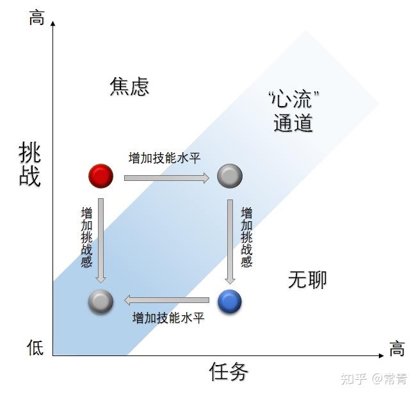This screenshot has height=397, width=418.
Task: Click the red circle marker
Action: coord(100,175)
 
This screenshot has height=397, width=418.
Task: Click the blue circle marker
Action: coord(229,301)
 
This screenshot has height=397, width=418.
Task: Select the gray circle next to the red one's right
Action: coord(229,175)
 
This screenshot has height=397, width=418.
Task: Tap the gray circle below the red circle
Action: coord(100,301)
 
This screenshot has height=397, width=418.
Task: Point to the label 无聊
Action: coord(307,279)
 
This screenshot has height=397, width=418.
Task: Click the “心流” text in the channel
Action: coord(293,99)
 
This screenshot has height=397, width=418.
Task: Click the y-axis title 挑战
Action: coord(30,164)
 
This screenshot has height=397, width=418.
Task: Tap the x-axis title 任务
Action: coord(229,371)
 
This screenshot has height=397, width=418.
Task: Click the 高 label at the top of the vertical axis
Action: coord(36,17)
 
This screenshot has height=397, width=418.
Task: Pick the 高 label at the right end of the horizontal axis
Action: coord(397,348)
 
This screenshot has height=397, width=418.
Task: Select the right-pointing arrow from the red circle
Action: coord(166,178)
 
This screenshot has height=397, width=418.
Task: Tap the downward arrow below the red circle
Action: coord(100,240)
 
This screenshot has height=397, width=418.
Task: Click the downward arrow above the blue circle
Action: coord(230,240)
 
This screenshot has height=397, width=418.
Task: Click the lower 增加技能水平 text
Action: coord(168,317)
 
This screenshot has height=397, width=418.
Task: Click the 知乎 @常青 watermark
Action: coord(374,379)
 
